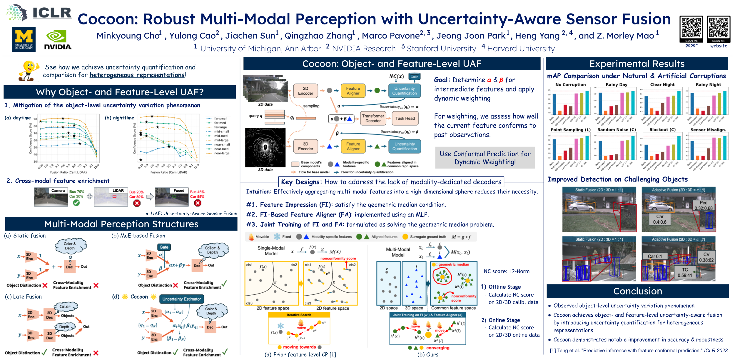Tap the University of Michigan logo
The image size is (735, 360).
(24, 39)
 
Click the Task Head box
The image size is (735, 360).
(405, 119)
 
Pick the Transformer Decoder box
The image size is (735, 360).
(373, 119)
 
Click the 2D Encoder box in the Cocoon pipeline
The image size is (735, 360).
(305, 91)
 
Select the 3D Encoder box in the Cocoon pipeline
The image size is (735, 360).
(305, 146)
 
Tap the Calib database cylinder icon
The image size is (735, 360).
(414, 76)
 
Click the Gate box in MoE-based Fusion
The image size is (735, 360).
(164, 247)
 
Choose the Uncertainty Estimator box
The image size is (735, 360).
(181, 299)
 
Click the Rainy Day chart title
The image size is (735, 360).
(616, 85)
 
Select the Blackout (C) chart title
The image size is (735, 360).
(662, 130)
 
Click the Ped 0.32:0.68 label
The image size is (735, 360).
(703, 205)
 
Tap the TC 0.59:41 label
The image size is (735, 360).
(685, 273)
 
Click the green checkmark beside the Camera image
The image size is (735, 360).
(76, 203)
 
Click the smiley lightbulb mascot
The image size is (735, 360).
(29, 71)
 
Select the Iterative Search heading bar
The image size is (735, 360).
(299, 315)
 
